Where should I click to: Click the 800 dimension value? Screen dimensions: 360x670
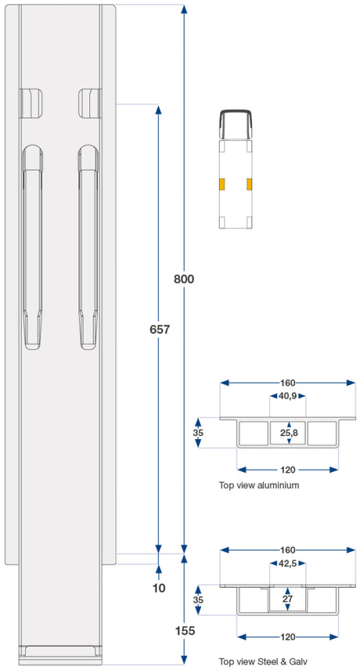click(x=184, y=279)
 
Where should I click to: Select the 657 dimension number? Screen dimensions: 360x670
click(x=160, y=330)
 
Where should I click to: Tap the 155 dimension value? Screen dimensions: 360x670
click(x=185, y=630)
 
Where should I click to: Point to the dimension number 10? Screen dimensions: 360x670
click(x=159, y=588)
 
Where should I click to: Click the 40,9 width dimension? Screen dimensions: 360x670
click(x=288, y=396)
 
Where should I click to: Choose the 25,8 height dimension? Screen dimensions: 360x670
click(x=289, y=434)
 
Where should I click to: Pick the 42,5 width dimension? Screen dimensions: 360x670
click(x=288, y=564)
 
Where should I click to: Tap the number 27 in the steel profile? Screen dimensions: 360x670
click(x=287, y=599)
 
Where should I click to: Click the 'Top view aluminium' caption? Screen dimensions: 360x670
click(x=259, y=485)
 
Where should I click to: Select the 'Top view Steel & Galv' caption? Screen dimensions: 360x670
click(x=263, y=661)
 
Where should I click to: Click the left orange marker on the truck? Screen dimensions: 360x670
click(x=222, y=184)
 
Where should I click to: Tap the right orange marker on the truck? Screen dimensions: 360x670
click(x=250, y=184)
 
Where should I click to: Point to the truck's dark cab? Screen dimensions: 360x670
click(x=236, y=124)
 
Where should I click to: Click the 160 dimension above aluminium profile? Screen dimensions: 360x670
click(x=288, y=383)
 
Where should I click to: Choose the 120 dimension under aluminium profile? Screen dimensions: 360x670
click(x=288, y=470)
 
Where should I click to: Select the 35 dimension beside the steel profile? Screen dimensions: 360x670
click(x=198, y=600)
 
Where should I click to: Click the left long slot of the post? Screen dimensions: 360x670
click(x=32, y=247)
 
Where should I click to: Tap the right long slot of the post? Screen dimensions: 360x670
click(x=88, y=247)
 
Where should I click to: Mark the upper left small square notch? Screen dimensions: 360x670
click(x=31, y=103)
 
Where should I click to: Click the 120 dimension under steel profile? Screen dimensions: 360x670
click(x=288, y=636)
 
